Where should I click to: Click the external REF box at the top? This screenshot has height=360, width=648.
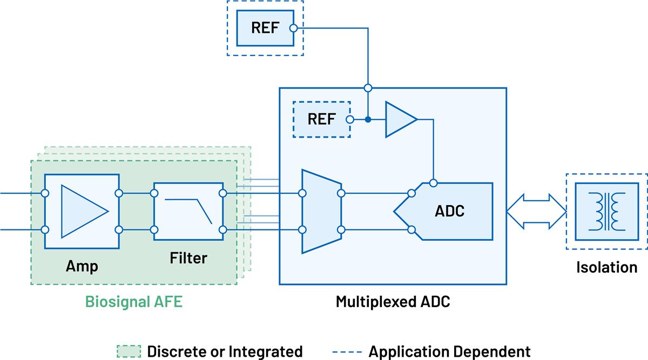[x=265, y=28]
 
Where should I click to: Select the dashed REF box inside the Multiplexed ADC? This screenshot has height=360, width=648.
[x=321, y=119]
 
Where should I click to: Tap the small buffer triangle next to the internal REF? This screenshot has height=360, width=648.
[x=399, y=119]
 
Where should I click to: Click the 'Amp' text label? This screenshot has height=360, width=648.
[x=82, y=266]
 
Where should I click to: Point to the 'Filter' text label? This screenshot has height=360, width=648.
[x=188, y=258]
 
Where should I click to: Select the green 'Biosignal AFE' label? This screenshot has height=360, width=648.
[x=133, y=301]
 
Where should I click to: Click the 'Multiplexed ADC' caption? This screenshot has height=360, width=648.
[x=393, y=301]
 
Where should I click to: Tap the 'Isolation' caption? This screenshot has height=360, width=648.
[x=606, y=267]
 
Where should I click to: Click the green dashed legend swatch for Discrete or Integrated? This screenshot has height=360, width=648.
[x=129, y=351]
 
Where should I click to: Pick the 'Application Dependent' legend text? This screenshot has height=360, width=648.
[x=449, y=351]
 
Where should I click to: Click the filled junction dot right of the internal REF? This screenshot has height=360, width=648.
[x=368, y=119]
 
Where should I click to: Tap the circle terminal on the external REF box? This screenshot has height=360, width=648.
[x=293, y=28]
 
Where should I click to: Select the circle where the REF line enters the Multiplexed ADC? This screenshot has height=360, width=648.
[x=368, y=87]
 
